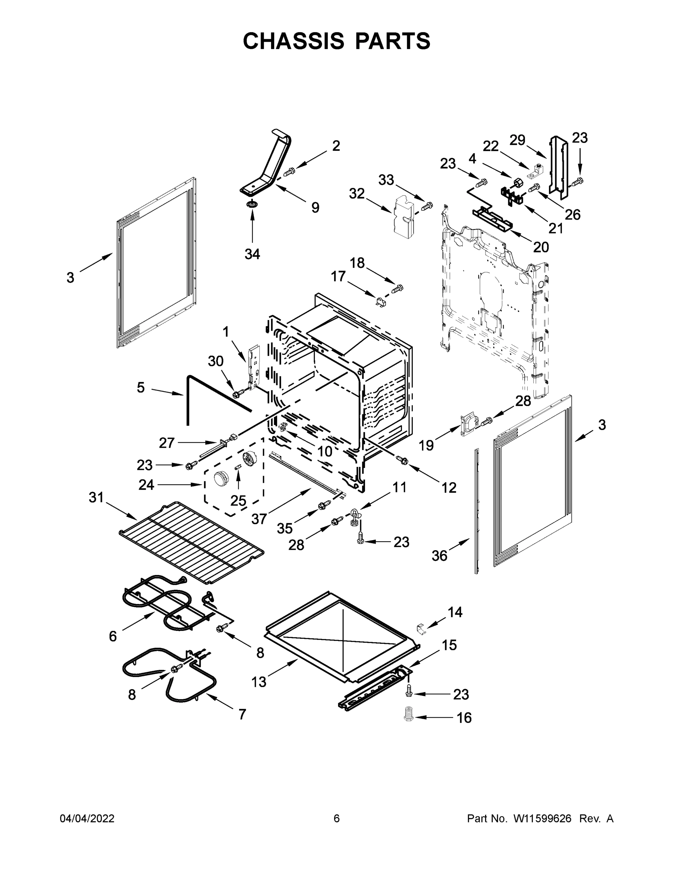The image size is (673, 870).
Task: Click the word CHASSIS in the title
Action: point(294,41)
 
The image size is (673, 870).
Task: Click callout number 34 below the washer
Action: point(252,254)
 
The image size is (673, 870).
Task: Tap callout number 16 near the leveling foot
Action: point(464,717)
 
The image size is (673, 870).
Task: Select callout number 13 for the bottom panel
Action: point(258,681)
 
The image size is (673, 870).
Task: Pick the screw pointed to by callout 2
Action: point(289,172)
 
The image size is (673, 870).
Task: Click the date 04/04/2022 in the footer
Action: point(87,819)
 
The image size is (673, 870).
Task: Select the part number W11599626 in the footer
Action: point(542,819)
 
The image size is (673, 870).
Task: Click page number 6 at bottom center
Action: point(337,819)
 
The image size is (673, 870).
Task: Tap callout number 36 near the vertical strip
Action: point(439,555)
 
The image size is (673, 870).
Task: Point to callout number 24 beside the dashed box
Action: point(146,484)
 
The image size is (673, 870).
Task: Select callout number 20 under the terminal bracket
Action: point(541,247)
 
